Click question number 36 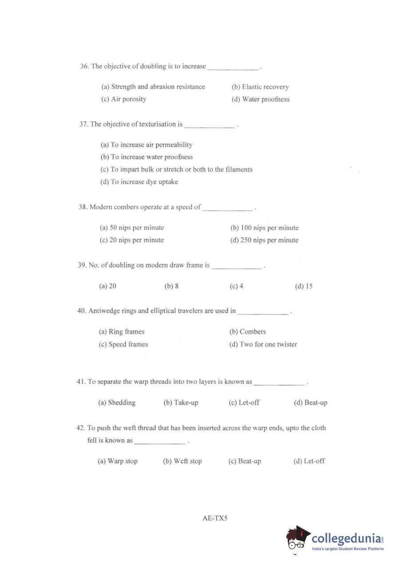tap(84, 67)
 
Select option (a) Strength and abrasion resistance tap(153, 87)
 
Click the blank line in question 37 tap(210, 127)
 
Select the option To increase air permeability tap(147, 145)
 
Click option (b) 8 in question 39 tap(171, 286)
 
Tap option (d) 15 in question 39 tap(304, 286)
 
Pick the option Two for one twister tap(263, 344)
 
